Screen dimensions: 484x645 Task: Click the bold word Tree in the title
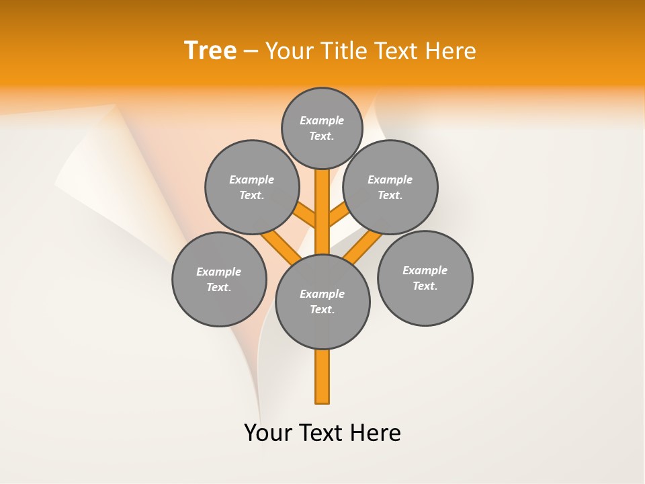[x=210, y=50]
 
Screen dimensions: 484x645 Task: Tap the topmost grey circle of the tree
[x=322, y=128]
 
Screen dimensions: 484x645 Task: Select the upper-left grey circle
[x=252, y=187]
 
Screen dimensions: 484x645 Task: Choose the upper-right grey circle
[x=390, y=187]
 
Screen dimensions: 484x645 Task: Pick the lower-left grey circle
[x=219, y=279]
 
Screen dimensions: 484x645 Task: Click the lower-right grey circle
[x=425, y=278]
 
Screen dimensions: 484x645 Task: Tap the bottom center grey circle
[x=322, y=302]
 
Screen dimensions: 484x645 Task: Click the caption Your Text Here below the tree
[x=322, y=433]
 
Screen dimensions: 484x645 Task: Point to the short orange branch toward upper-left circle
[x=306, y=215]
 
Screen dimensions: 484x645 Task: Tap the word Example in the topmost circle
[x=322, y=120]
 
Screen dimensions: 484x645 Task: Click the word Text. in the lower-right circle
[x=425, y=286]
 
